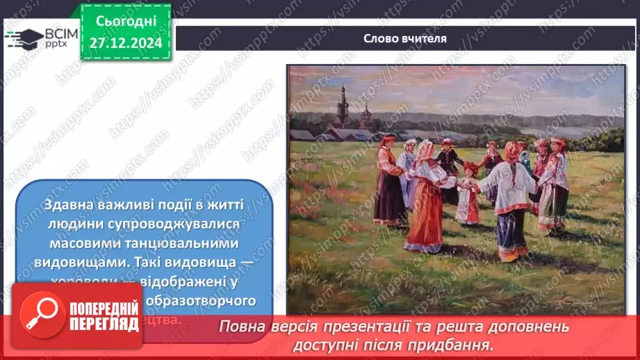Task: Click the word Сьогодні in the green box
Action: pos(125,22)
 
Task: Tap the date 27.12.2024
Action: pos(125,42)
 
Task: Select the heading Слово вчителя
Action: pos(404,39)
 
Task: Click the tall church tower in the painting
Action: pos(342,106)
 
